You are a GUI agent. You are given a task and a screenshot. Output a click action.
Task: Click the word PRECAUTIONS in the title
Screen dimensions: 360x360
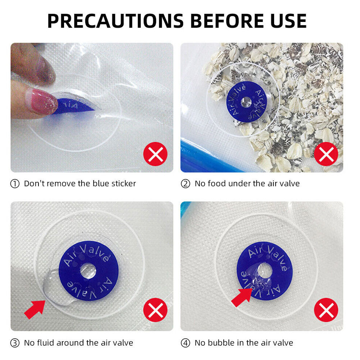click(x=115, y=21)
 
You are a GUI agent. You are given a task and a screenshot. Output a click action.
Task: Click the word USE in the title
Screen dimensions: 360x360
click(x=288, y=21)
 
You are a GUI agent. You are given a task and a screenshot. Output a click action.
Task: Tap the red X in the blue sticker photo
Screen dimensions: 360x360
click(x=155, y=154)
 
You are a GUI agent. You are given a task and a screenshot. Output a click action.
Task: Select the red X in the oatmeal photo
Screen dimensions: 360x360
click(x=326, y=154)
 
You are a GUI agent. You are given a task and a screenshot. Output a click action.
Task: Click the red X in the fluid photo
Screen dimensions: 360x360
click(x=155, y=310)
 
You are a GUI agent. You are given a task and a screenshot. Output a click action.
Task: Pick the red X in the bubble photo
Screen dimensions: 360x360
click(x=326, y=310)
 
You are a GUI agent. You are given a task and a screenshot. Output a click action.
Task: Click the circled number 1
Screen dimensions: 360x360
click(x=15, y=184)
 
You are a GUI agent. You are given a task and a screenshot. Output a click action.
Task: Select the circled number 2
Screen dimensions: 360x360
click(x=186, y=184)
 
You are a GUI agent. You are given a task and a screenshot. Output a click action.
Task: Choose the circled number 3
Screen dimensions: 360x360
click(x=15, y=343)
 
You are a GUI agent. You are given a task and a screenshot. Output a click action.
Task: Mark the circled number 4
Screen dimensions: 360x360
click(x=186, y=343)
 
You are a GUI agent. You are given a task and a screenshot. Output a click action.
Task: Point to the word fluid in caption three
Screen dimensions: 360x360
click(x=45, y=343)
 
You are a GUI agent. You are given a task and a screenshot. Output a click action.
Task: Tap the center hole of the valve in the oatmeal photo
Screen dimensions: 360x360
click(x=246, y=102)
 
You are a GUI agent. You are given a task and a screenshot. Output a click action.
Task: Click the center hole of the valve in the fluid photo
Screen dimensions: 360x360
click(x=88, y=271)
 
